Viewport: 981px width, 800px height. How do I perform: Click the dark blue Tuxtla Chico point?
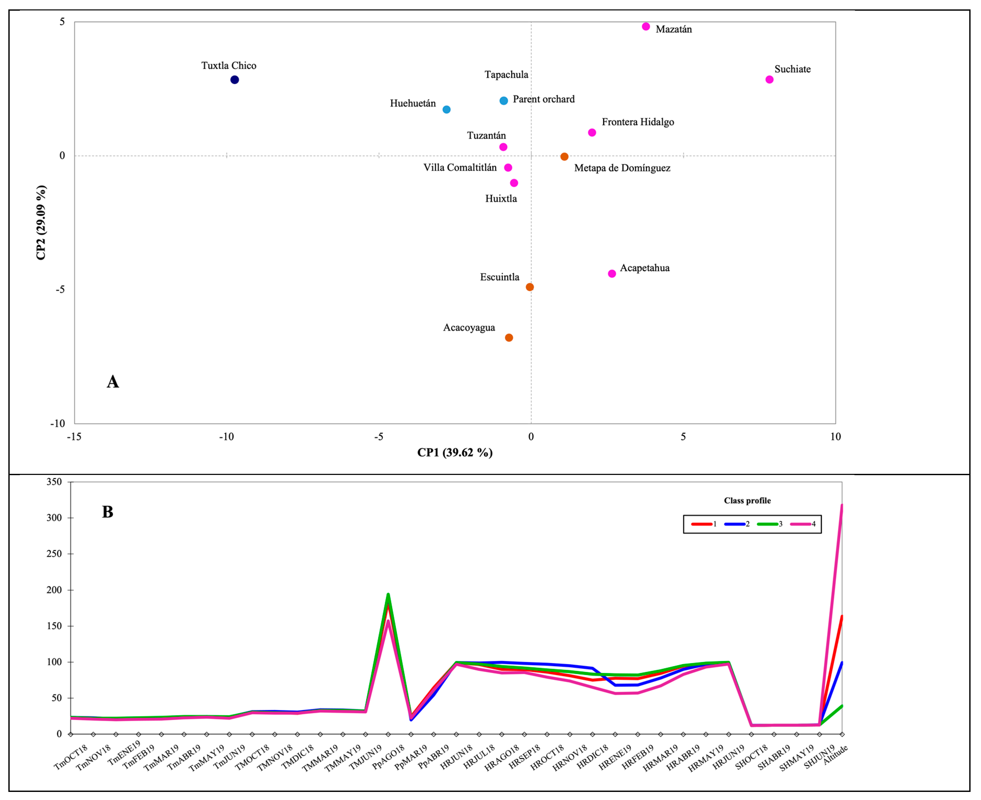coord(235,80)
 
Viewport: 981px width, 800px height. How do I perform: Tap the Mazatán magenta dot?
coord(646,27)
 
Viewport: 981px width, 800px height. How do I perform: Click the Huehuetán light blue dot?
coord(446,110)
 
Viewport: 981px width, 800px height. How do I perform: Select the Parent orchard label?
coord(544,99)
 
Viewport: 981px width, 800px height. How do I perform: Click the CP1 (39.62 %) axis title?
coord(455,452)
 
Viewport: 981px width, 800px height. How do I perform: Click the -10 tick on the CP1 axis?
coord(226,437)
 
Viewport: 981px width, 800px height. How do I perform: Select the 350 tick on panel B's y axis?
coord(54,482)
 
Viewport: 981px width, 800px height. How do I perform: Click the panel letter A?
coord(113,381)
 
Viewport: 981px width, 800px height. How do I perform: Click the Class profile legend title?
coord(747,500)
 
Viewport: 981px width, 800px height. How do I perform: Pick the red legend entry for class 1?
coord(704,524)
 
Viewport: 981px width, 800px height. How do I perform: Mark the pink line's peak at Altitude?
coord(842,505)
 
